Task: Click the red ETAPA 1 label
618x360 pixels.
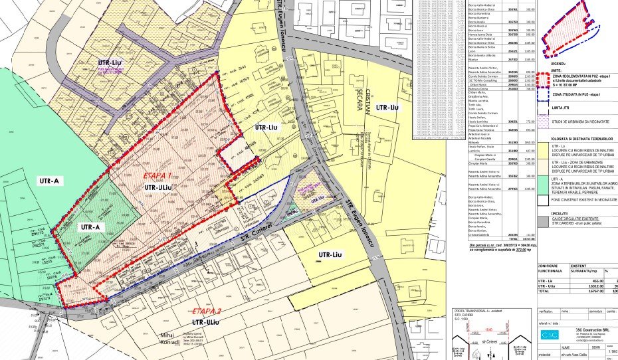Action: click(157, 176)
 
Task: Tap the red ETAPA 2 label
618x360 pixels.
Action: click(207, 311)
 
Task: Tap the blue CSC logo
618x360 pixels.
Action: click(548, 334)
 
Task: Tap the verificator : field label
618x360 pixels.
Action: click(551, 310)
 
